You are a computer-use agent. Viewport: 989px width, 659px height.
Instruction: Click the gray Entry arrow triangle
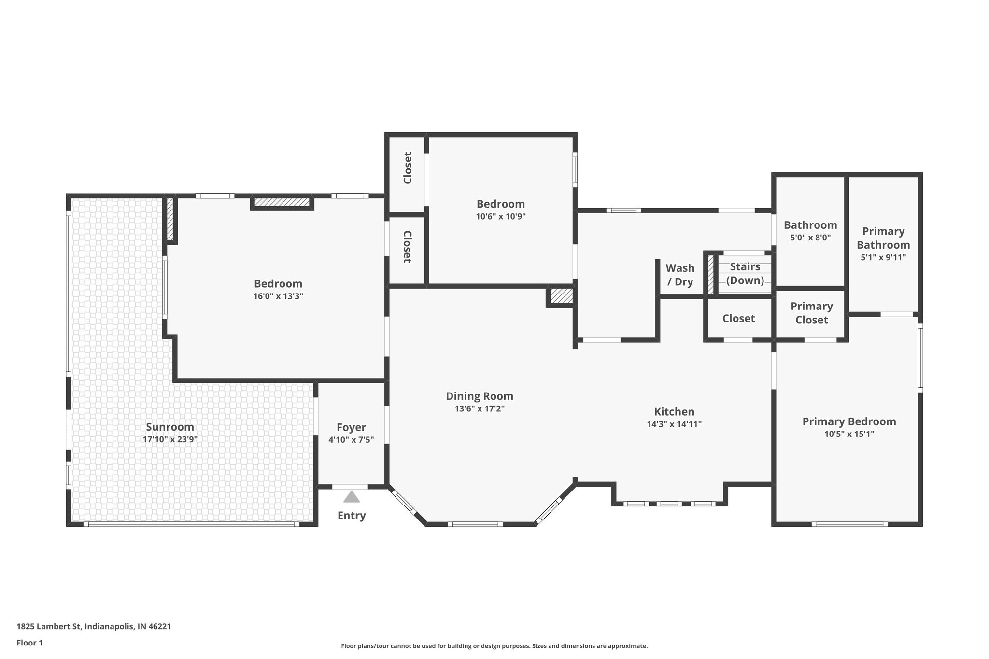(x=352, y=497)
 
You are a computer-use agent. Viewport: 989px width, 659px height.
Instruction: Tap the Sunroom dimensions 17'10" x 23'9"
(x=170, y=440)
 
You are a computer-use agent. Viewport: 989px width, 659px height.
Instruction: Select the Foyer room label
(x=351, y=427)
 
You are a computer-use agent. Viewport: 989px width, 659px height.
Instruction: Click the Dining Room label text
(x=479, y=396)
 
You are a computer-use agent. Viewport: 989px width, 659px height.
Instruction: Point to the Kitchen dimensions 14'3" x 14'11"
(x=674, y=424)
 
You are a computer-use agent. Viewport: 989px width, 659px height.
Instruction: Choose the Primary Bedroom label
(x=849, y=421)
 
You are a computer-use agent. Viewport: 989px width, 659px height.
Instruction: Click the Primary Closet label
(x=811, y=313)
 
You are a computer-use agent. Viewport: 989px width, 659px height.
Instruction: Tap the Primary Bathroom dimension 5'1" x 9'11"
(x=883, y=258)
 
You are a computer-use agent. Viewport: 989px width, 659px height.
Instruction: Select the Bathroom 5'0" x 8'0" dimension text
(x=810, y=238)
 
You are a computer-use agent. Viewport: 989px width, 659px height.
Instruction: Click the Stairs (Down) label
(x=745, y=273)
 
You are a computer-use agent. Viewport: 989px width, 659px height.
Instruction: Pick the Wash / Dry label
(x=680, y=275)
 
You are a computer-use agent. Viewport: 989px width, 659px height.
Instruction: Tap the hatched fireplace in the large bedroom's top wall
(x=282, y=202)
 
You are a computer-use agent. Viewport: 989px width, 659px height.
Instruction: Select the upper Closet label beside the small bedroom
(x=408, y=168)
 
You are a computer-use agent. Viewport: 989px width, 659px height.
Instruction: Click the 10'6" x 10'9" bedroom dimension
(x=500, y=217)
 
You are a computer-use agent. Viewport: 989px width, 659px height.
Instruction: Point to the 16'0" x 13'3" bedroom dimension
(x=278, y=296)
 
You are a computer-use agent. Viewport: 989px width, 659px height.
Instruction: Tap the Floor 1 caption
(x=29, y=643)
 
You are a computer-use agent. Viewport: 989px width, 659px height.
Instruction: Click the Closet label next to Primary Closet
(x=738, y=319)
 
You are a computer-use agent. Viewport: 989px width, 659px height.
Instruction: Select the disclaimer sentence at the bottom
(x=494, y=646)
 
